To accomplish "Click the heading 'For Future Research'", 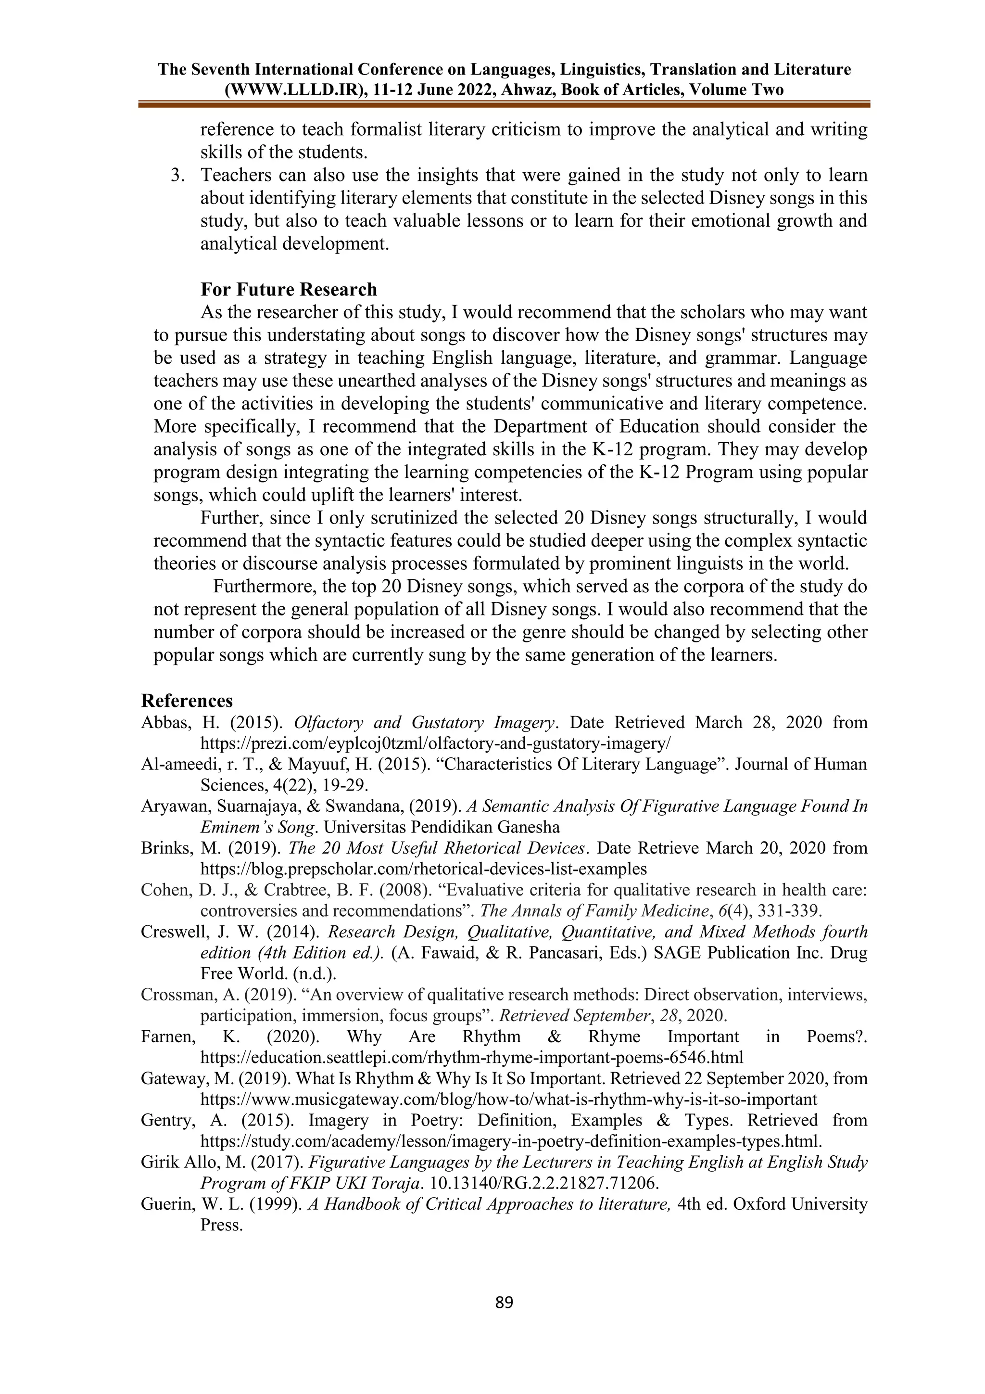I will pyautogui.click(x=289, y=289).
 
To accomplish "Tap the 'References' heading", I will pyautogui.click(x=187, y=701).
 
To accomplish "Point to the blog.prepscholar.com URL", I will pyautogui.click(x=423, y=869).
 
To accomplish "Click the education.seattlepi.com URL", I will pyautogui.click(x=471, y=1057).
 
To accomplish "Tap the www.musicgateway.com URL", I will pyautogui.click(x=508, y=1099).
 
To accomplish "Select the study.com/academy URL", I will pyautogui.click(x=511, y=1141).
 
